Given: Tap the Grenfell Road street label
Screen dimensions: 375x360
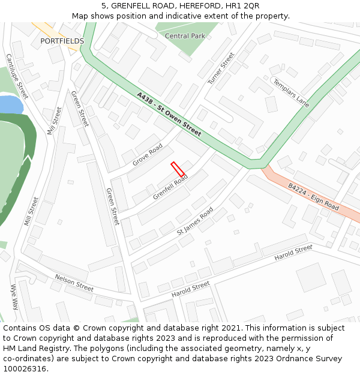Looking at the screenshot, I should point(170,187).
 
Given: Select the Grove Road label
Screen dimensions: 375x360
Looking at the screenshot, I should point(148,154).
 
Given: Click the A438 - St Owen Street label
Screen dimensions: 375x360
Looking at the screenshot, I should point(169,114).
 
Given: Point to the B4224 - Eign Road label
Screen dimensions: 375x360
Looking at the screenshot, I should point(313,196).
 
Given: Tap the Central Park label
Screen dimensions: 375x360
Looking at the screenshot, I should point(185,36).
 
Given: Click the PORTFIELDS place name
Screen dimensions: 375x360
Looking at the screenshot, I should point(62,41).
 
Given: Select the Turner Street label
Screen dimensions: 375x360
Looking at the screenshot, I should point(221,68).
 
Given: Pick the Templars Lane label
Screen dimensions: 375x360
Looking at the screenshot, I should point(290,92).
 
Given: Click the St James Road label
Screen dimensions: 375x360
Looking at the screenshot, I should point(195,221).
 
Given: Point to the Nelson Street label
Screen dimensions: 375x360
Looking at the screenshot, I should point(74,283).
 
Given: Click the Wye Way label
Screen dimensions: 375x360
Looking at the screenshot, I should point(14,296).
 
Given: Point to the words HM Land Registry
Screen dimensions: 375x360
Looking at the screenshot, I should point(29,349).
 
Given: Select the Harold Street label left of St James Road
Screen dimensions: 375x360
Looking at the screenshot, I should point(190,289).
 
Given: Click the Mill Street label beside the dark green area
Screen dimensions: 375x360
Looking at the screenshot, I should point(31,211).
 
